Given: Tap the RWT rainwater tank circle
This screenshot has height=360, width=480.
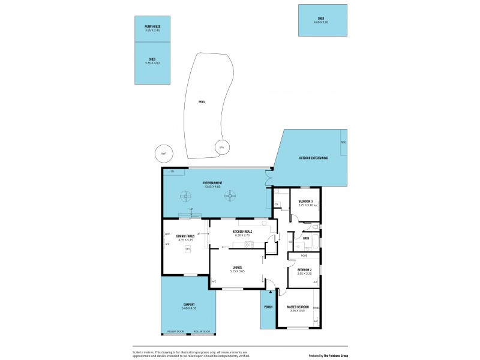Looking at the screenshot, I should click(163, 154).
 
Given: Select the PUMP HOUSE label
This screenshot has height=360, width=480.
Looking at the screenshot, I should click(152, 26).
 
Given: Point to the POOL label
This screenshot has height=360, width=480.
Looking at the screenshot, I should click(202, 102).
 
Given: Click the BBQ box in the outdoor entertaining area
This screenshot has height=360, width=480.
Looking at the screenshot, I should click(343, 142).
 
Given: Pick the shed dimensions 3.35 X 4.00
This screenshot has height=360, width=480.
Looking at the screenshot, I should click(152, 62).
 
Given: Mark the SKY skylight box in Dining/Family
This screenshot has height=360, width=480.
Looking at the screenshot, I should click(188, 248).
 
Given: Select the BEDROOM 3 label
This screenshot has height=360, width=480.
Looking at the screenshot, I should click(306, 201).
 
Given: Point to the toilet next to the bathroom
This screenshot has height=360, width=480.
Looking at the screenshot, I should click(314, 227).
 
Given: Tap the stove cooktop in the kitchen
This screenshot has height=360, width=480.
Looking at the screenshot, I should click(248, 244).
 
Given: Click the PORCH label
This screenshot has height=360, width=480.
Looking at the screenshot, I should click(268, 307).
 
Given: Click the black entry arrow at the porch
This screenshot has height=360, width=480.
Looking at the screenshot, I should click(271, 292).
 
